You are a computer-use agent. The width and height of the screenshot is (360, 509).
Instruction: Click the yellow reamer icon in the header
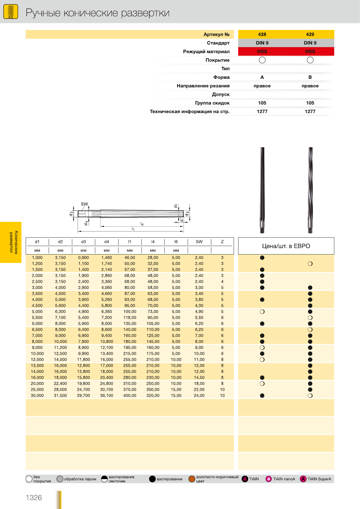click(11, 12)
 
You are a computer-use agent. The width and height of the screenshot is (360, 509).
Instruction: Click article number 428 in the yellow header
click(262, 34)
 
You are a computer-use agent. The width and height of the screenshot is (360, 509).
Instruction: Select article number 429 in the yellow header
click(310, 34)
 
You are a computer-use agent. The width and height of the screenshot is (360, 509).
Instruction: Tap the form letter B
click(310, 77)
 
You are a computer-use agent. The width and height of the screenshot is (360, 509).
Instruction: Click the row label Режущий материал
click(206, 52)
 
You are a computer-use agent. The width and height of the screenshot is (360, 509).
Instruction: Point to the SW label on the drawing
click(84, 204)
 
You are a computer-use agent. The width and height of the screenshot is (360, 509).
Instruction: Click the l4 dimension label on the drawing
click(142, 224)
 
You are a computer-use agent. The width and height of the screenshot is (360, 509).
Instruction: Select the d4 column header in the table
click(107, 242)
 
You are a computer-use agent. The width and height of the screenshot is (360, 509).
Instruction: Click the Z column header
click(222, 242)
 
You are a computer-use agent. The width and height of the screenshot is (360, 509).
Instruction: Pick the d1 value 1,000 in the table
click(37, 258)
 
